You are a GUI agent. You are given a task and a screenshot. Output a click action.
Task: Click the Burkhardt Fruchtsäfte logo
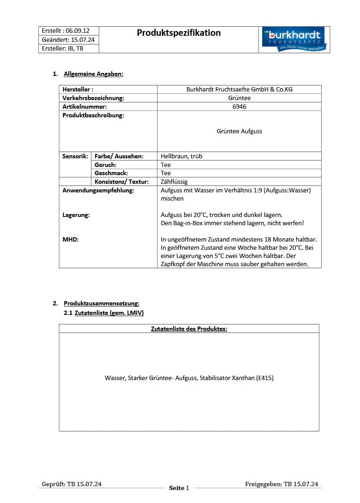294,40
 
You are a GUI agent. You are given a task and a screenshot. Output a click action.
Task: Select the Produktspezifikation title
178,33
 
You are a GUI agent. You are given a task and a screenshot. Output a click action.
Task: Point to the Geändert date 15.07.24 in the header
80,40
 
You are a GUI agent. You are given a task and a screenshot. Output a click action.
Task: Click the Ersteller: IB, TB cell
63,48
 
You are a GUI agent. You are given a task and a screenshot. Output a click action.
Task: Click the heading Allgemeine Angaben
93,74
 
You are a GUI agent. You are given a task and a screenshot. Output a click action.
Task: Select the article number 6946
239,107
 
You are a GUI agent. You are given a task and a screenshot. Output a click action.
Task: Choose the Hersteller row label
78,89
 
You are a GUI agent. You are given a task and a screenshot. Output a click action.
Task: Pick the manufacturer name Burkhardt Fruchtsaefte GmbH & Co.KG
239,89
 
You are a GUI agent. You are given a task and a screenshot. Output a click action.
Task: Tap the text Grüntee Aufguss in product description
239,131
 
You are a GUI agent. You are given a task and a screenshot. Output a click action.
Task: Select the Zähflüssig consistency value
174,182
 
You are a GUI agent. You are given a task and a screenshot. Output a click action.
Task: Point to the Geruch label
106,165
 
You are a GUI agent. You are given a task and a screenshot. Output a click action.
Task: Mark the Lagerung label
76,215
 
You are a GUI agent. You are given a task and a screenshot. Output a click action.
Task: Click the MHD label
71,239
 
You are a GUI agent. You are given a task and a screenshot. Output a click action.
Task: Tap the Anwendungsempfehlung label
98,190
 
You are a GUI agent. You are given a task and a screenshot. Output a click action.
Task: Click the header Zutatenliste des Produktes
189,329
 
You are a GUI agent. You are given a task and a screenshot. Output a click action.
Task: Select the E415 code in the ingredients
265,378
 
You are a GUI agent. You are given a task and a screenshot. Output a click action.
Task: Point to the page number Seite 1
179,488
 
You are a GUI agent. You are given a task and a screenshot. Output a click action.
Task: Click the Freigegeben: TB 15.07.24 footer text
282,484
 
